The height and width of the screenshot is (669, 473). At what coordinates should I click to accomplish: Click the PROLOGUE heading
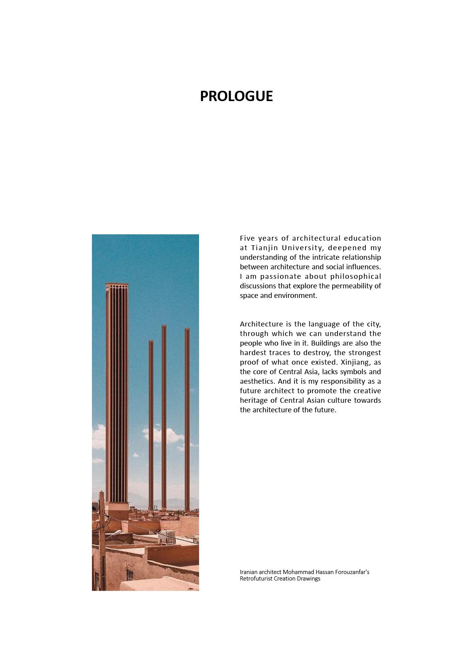236,96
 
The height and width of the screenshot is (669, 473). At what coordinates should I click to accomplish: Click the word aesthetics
257,381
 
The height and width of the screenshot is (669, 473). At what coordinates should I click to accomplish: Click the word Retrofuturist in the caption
256,579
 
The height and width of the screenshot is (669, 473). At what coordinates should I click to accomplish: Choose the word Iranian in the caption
248,572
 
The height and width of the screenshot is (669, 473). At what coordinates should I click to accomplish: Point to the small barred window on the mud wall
130,576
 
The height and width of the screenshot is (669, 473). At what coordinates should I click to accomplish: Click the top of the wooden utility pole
101,493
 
